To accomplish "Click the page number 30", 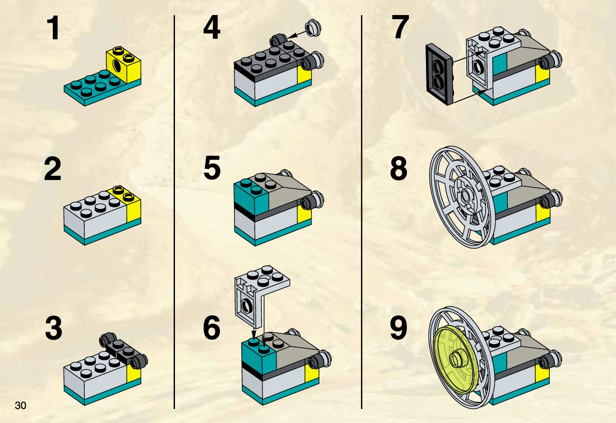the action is click(x=21, y=405).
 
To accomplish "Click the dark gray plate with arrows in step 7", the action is click(x=439, y=74).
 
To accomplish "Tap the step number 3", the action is click(x=53, y=329).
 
